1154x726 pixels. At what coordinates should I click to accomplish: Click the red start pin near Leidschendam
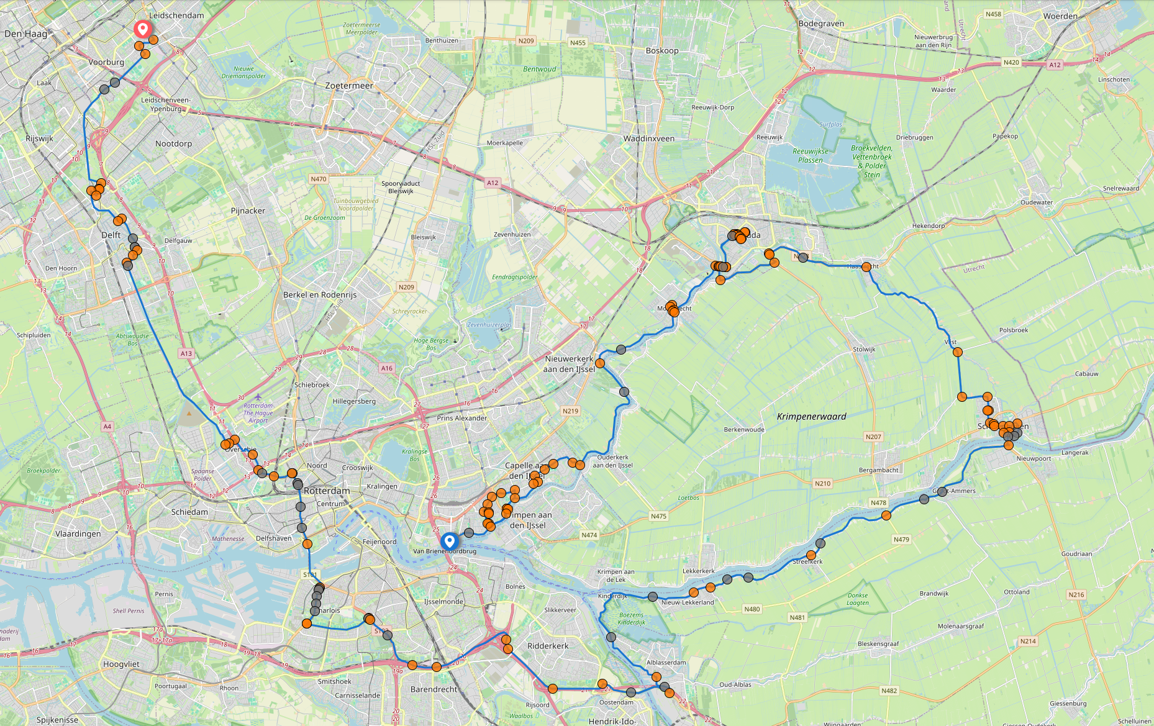(x=143, y=29)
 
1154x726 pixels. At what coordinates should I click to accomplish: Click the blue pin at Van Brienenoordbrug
(x=450, y=541)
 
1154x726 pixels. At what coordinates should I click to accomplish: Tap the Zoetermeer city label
(x=349, y=86)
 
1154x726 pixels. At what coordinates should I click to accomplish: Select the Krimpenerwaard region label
(x=811, y=416)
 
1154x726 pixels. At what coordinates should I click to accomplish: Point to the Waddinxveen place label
(x=648, y=138)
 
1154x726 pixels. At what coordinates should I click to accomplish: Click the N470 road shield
(x=318, y=179)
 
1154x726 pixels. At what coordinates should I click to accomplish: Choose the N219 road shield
(x=570, y=411)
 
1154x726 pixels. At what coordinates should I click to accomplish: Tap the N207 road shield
(x=873, y=437)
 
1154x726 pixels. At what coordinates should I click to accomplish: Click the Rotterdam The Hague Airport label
(x=258, y=413)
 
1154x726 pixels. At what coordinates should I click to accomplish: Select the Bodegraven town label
(x=821, y=24)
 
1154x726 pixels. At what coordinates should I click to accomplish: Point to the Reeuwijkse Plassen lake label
(x=810, y=155)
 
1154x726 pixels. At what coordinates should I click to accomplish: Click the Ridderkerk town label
(x=548, y=646)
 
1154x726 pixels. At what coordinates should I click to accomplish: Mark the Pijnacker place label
(x=248, y=211)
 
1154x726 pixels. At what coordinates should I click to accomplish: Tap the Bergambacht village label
(x=878, y=470)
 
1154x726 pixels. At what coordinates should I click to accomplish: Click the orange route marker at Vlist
(x=957, y=352)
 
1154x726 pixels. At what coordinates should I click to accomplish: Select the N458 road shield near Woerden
(x=993, y=14)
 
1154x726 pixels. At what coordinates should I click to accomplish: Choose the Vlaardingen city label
(x=78, y=533)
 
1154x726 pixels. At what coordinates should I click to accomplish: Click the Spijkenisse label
(x=57, y=720)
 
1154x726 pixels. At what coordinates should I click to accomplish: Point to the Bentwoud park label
(x=539, y=69)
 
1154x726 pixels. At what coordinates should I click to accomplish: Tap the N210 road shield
(x=822, y=483)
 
